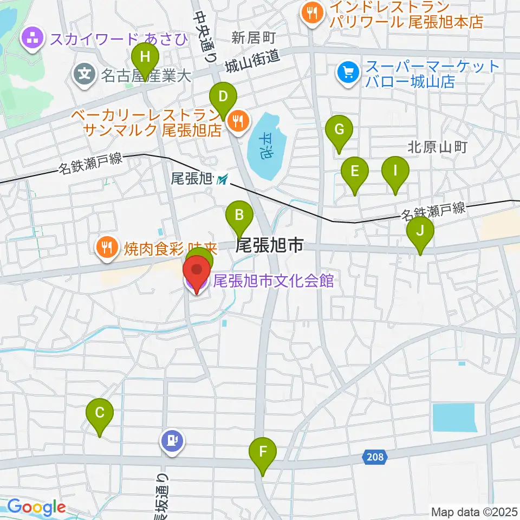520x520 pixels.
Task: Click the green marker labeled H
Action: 145,57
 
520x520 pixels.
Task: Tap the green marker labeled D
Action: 223,98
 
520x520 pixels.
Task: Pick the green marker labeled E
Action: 355,172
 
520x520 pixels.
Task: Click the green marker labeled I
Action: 395,172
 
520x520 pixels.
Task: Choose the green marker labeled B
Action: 239,216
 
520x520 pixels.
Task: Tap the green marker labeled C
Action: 100,414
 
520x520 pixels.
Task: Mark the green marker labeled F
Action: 263,452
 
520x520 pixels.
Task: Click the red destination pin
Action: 196,272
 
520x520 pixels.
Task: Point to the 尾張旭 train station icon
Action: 222,179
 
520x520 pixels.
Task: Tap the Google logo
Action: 36,508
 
